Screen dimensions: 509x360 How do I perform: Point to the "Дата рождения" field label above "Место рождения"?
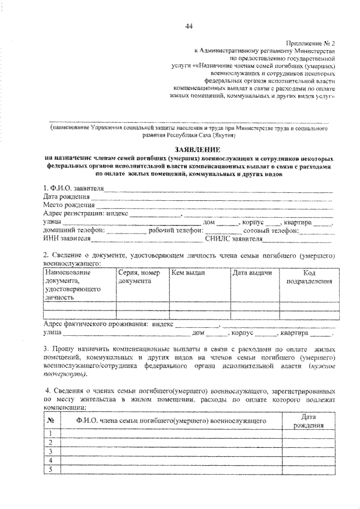(x=66, y=196)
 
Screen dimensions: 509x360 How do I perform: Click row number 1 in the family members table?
(x=51, y=433)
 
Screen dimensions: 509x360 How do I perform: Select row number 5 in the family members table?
(x=51, y=470)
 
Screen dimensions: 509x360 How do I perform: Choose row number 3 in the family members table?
(x=51, y=452)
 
